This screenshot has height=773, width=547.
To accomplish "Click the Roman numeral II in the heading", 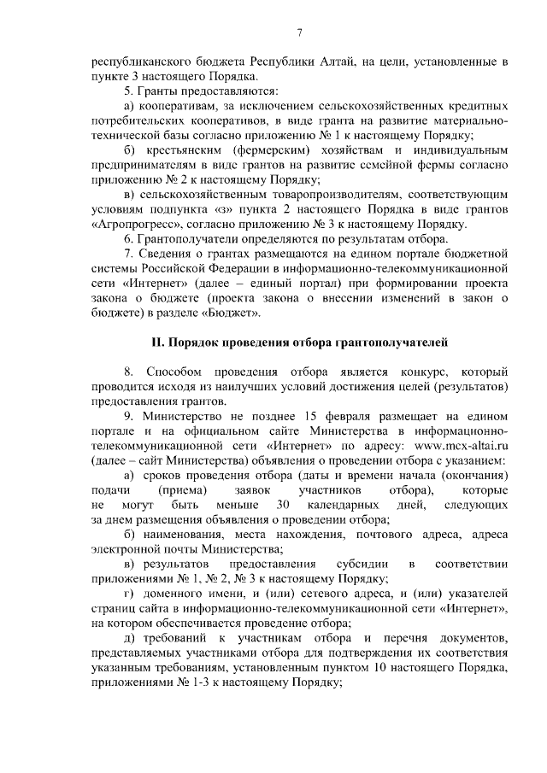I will (156, 343).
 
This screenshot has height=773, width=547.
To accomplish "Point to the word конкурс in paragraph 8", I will (416, 372).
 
